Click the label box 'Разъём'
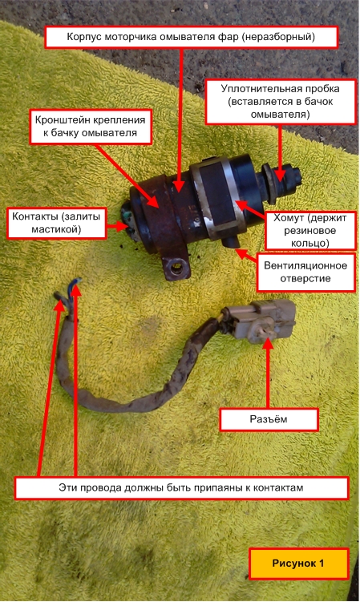pos(269,419)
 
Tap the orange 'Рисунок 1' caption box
pos(298,564)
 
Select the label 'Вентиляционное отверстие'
pos(305,272)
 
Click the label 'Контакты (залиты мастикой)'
pos(56,223)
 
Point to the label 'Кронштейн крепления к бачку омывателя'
pos(91,127)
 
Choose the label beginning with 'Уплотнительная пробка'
pos(281,102)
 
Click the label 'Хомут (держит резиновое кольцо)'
pos(310,230)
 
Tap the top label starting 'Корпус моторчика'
pos(191,37)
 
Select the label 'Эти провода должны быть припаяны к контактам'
pos(181,488)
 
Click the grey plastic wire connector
pos(257,320)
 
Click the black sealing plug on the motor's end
pos(282,180)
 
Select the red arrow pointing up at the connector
pos(268,372)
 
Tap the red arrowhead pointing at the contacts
pos(123,226)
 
